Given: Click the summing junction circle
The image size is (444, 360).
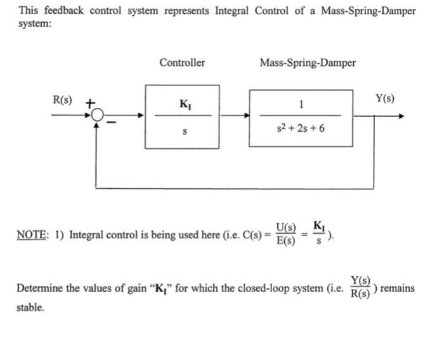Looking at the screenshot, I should coord(96,116).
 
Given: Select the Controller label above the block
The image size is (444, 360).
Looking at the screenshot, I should coord(182,63).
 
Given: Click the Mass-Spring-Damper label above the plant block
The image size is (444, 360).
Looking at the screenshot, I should coord(308,63).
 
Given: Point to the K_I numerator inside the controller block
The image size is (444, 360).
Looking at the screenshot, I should coord(184,103).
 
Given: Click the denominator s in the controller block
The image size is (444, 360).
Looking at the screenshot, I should coord(184,132).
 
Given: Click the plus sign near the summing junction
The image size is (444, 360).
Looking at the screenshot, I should coord(90,101).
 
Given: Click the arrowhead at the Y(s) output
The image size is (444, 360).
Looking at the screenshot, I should coord(398,116).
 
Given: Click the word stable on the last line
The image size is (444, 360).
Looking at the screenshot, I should coord(30,307).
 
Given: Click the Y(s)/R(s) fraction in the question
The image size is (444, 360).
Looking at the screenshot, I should coord(361,288).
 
